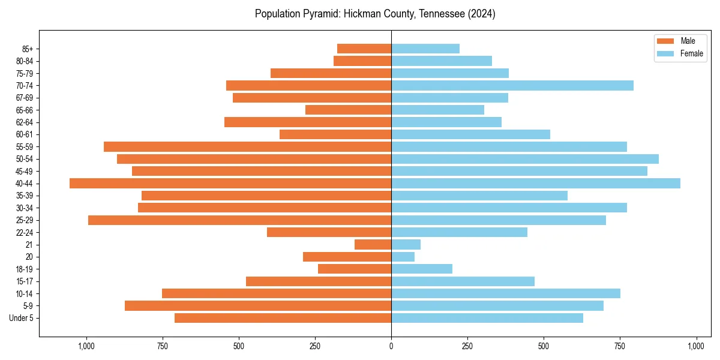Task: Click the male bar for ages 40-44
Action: [230, 184]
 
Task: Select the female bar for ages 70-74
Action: [512, 86]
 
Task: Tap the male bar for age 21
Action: [373, 245]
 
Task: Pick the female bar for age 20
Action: [403, 257]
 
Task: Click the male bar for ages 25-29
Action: [240, 220]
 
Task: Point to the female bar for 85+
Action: [425, 49]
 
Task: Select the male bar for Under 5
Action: [283, 318]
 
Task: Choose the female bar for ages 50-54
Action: [525, 159]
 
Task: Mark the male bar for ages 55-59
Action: [248, 147]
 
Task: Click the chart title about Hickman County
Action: [375, 14]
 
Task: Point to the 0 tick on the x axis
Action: [391, 346]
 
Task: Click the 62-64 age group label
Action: [25, 122]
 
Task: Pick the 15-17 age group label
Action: [25, 281]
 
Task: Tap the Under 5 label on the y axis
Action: [22, 318]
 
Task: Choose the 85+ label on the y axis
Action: [28, 49]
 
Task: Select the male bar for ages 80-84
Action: [362, 61]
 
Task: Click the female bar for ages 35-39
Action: [479, 196]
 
